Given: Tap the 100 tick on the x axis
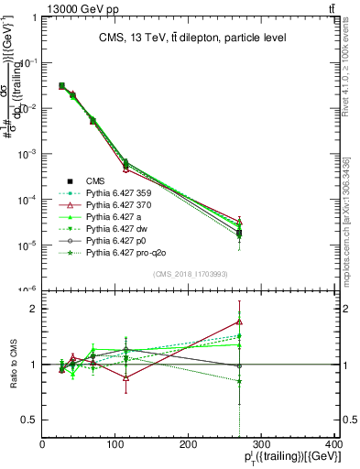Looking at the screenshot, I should (115, 446).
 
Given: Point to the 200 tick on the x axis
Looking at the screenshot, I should (189, 446).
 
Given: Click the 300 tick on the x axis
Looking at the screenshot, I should (262, 446).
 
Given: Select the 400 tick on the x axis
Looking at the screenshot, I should (333, 446).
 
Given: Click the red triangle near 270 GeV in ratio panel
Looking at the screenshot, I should (239, 322).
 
